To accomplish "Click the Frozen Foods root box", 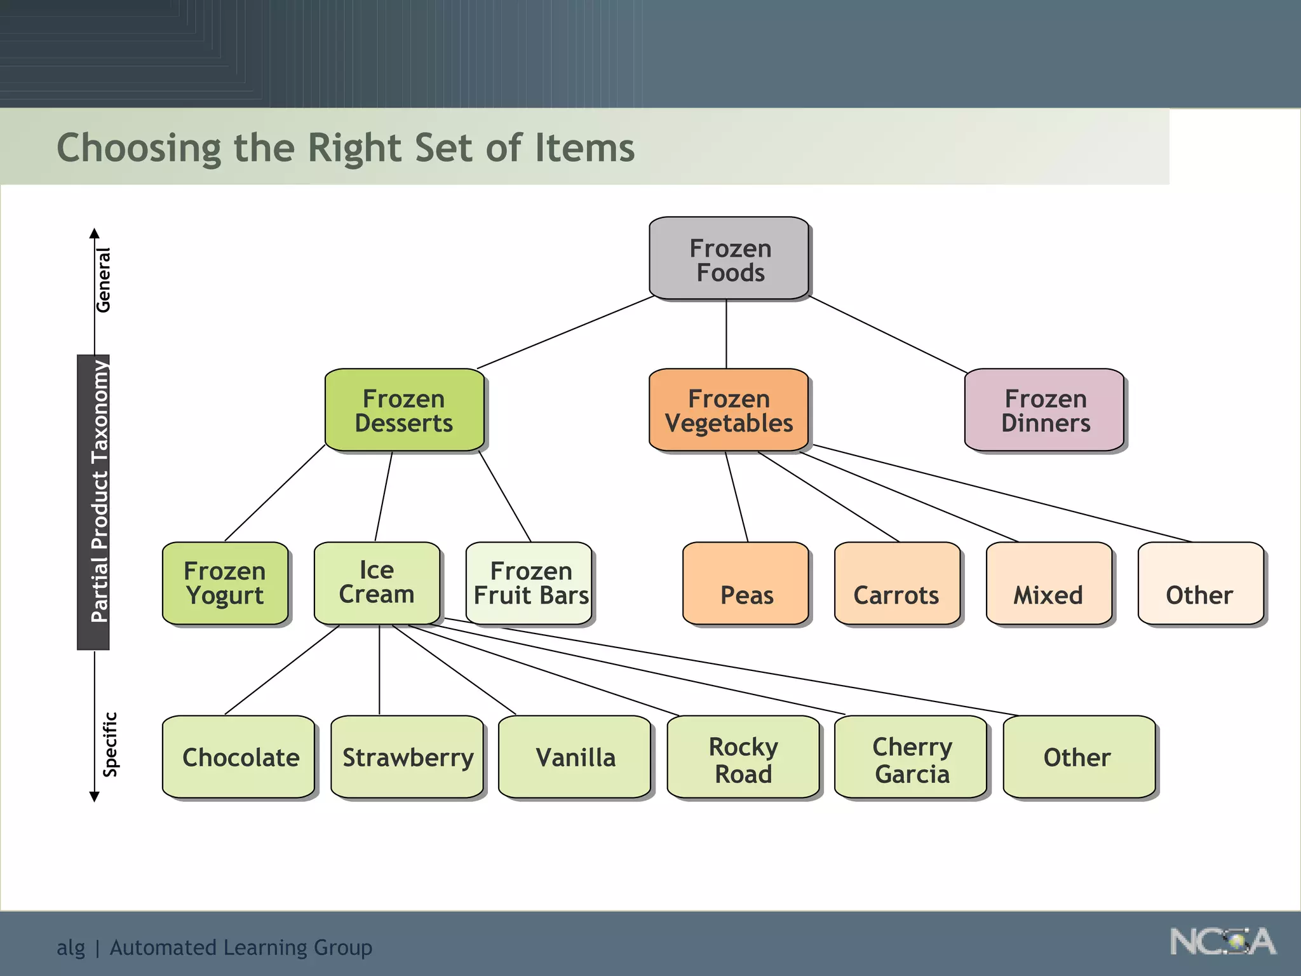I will coord(729,259).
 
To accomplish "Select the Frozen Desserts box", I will coord(404,410).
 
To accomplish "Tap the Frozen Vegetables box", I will coord(728,410).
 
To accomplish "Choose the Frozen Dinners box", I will coord(1044,410).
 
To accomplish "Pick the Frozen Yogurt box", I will coord(225,583).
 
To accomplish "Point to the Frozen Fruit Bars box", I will coord(529,583).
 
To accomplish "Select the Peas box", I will coord(746,583).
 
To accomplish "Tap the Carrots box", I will coord(897,583).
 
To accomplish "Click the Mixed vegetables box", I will coord(1049,583).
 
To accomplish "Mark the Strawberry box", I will coord(407,757).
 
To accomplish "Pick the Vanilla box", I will coord(575,757).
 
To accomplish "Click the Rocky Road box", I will coord(743,757).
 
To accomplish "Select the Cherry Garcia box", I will coord(911,757).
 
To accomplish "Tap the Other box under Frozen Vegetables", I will coord(1201,583).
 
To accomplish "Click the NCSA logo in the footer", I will coord(1222,942).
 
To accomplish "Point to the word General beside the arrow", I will coord(103,280).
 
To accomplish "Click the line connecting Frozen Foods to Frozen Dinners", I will coord(888,335).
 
